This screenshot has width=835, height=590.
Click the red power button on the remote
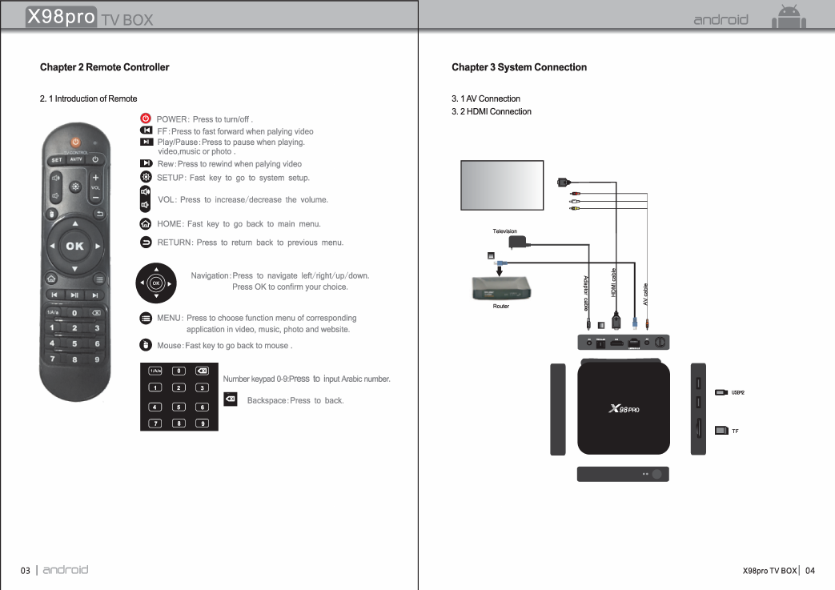click(x=75, y=142)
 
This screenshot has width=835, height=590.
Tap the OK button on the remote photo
click(x=74, y=246)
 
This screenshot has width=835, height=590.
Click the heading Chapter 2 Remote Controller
click(x=104, y=67)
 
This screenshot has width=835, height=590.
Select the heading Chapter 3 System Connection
click(x=519, y=67)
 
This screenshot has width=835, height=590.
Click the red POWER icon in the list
click(x=146, y=118)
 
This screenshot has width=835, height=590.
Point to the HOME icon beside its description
click(x=146, y=224)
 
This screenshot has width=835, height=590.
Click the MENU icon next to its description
click(x=146, y=318)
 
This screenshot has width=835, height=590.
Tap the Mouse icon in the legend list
click(x=146, y=345)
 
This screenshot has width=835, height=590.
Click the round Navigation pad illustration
click(x=156, y=283)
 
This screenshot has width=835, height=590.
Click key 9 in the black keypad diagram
click(x=203, y=423)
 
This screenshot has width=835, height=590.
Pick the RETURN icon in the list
click(x=146, y=242)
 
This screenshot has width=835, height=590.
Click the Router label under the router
click(x=501, y=306)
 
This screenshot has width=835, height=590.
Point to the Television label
click(x=504, y=231)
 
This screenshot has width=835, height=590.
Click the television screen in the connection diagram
click(x=502, y=186)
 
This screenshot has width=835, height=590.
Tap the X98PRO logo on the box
click(x=624, y=409)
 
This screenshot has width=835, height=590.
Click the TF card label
click(x=735, y=431)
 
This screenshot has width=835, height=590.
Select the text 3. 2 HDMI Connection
click(x=491, y=111)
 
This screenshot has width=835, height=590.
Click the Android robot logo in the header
click(x=788, y=18)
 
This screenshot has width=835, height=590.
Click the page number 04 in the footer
click(x=810, y=571)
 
